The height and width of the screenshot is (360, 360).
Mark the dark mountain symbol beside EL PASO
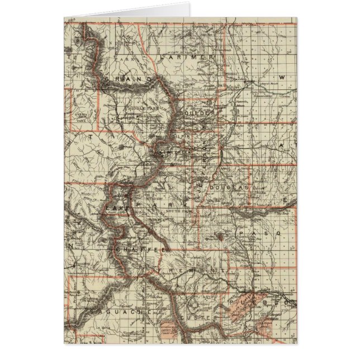click(x=223, y=237)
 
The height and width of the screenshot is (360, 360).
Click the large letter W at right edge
click(x=283, y=77)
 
